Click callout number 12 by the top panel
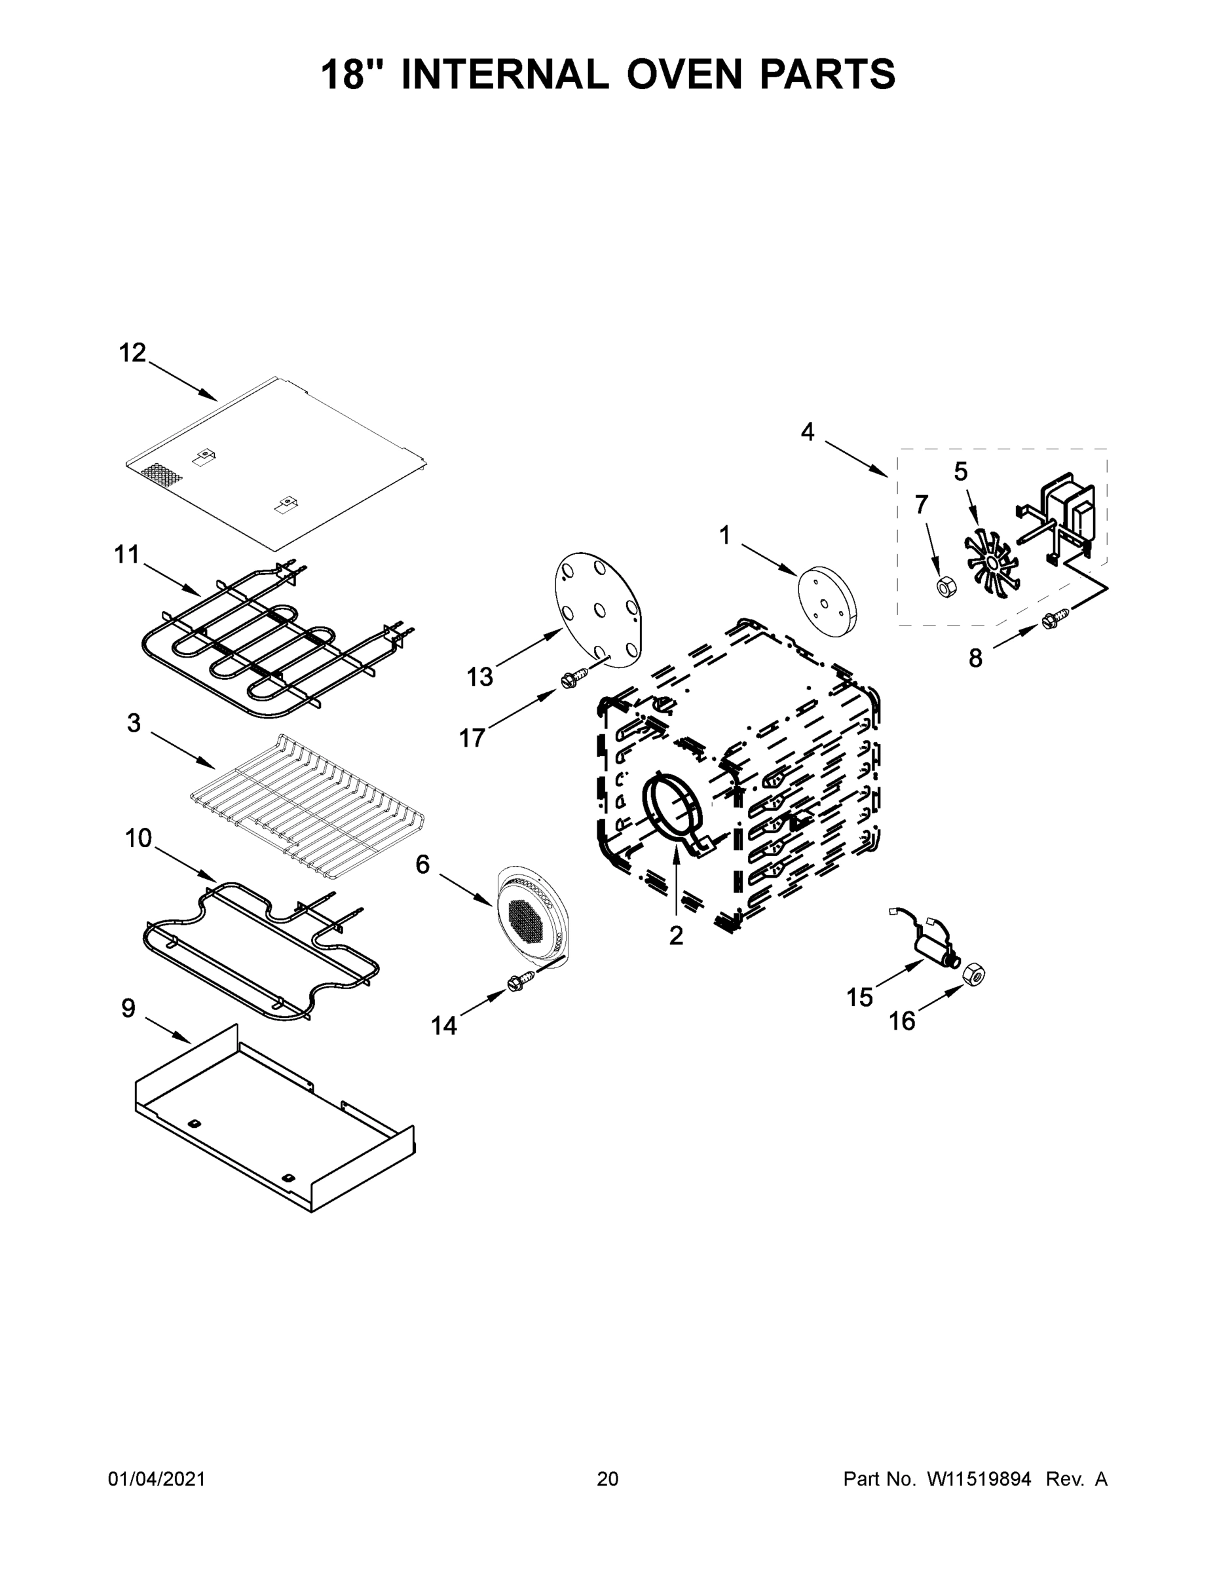132,354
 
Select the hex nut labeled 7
945,587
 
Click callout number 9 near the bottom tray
128,1009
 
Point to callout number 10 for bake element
138,838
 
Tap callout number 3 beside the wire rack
133,723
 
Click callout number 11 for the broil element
126,555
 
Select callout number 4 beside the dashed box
808,432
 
